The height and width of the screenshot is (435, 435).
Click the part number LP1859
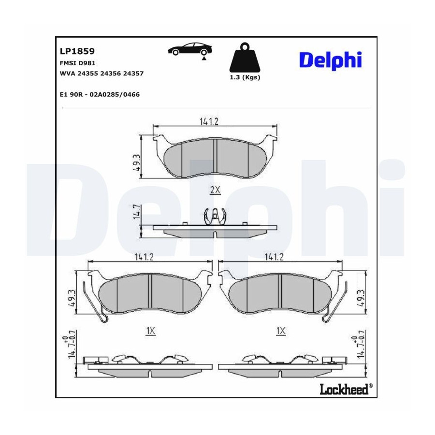[x=77, y=51]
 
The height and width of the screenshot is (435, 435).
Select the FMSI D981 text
[x=78, y=63]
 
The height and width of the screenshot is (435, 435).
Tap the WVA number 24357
[x=133, y=73]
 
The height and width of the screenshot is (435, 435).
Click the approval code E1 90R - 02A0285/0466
[x=100, y=95]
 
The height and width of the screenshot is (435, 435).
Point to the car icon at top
[x=190, y=50]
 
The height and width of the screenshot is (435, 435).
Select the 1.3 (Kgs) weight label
[x=245, y=77]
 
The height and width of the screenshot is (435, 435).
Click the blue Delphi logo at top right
[x=331, y=60]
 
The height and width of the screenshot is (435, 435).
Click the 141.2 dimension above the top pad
[x=209, y=121]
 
